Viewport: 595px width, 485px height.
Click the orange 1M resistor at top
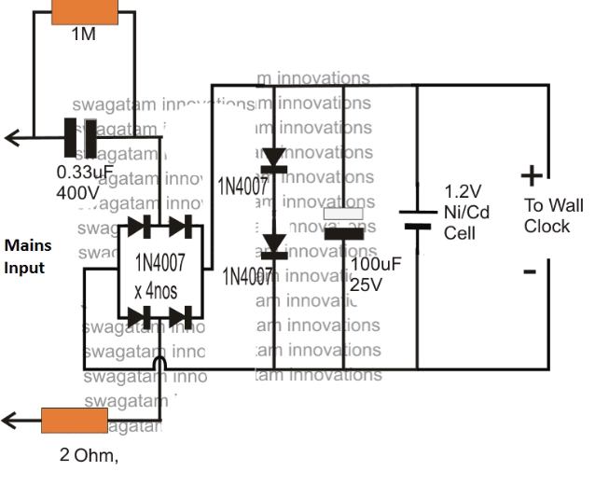83,11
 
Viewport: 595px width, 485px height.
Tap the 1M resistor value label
83,35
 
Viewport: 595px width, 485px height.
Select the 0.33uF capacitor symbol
80,138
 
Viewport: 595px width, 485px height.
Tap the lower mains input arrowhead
11,421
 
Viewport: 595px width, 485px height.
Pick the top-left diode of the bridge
139,226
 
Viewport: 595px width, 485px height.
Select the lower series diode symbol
273,244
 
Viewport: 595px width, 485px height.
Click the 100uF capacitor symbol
342,224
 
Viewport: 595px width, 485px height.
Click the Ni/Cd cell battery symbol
416,218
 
